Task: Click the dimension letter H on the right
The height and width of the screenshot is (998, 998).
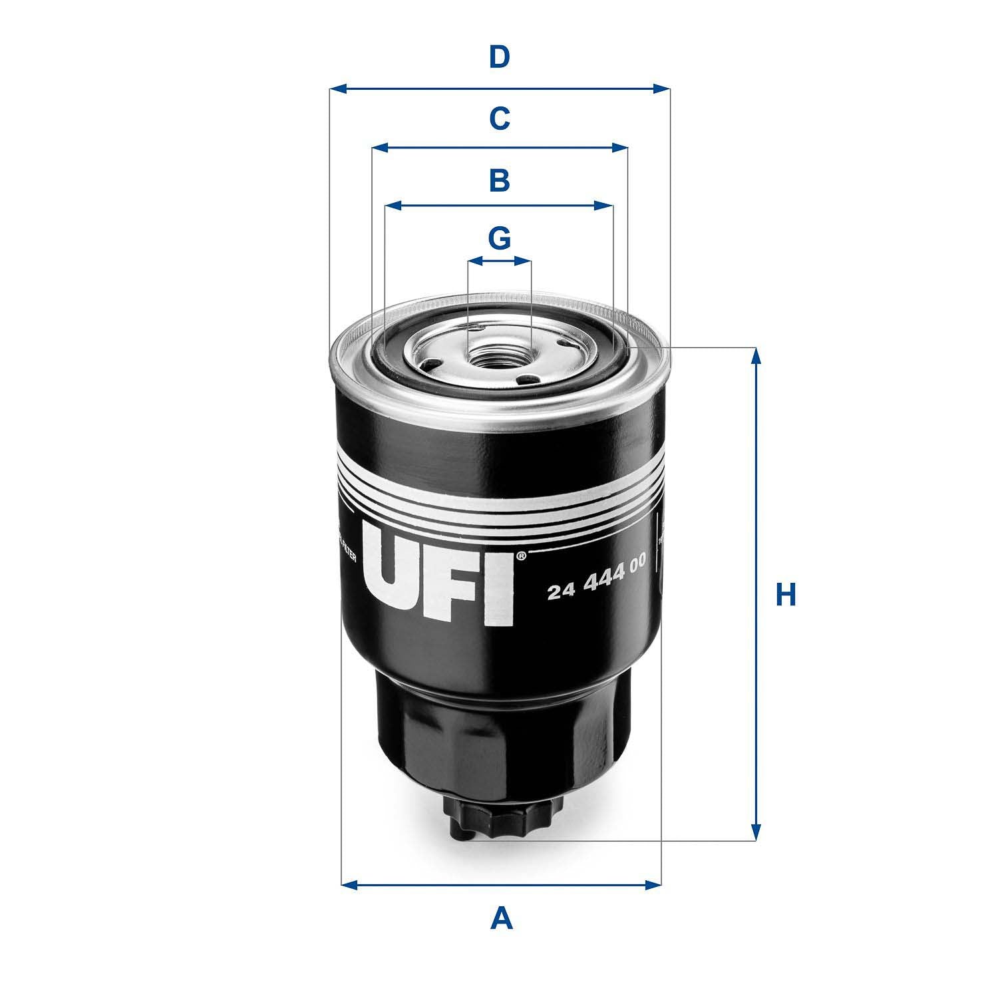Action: tap(786, 594)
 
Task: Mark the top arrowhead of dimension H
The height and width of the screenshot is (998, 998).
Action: tap(755, 356)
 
